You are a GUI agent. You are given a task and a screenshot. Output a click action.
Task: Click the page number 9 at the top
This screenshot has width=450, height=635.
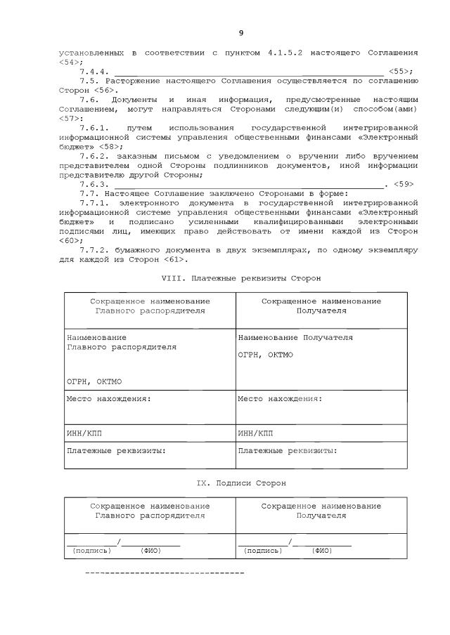241,33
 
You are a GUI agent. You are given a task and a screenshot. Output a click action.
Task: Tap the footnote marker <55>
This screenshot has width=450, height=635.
400,72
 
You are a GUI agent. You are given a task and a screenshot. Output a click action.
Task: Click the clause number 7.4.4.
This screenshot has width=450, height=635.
94,72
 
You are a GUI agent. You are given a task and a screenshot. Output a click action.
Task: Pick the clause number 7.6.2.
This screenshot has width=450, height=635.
94,156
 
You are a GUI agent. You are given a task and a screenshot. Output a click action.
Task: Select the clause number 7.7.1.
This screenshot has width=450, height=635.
94,202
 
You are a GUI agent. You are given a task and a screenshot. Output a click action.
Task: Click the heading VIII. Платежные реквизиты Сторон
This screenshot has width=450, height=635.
241,278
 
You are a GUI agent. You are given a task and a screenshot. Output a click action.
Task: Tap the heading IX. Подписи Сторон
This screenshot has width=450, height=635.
241,483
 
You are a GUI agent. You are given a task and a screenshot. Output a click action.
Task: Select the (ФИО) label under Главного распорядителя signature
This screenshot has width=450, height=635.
150,550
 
